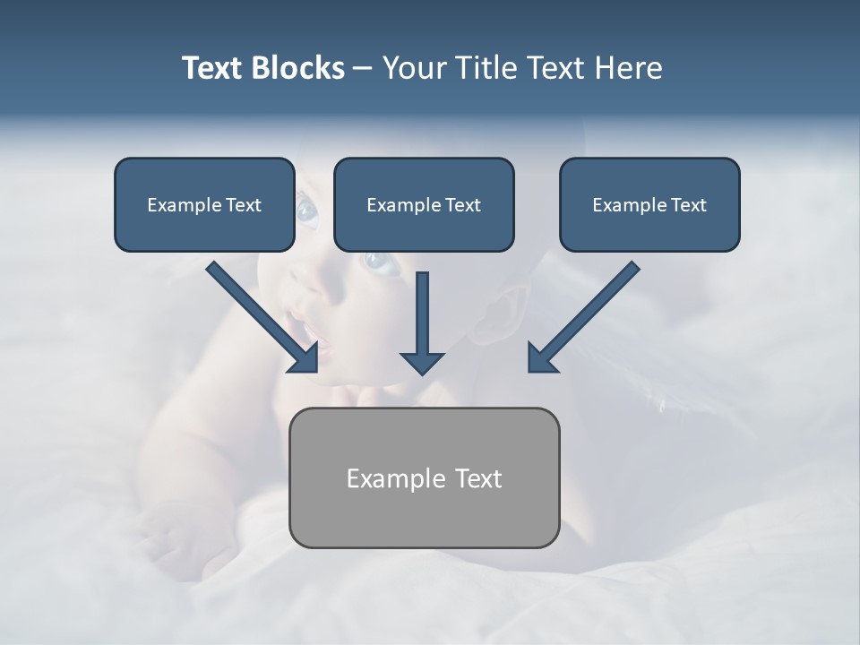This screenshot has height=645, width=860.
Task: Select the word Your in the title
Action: coord(413,68)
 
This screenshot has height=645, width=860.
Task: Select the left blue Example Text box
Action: coord(204,204)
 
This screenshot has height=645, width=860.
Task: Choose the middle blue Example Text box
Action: coord(424,204)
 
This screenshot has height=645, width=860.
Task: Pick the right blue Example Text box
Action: coord(649,204)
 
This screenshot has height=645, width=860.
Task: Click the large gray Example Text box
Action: coord(424,477)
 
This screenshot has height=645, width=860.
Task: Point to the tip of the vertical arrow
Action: coord(422,371)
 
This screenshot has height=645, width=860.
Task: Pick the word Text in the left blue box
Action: coord(244,205)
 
